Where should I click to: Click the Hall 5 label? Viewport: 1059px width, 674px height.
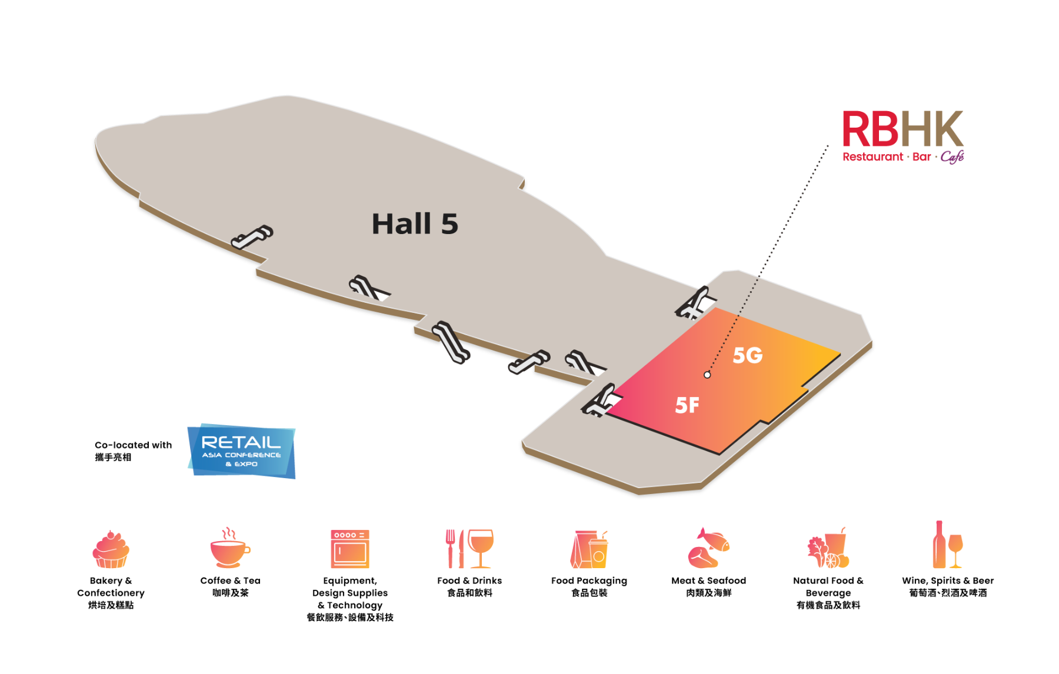415,224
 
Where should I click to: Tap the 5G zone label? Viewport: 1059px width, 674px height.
747,355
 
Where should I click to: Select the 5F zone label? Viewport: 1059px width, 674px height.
687,405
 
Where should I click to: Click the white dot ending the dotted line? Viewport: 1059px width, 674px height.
707,375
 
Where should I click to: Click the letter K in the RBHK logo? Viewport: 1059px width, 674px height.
947,129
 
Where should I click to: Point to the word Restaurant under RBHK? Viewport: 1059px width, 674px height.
872,157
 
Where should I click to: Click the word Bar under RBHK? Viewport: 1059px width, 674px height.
921,157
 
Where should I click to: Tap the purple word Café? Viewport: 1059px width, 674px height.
952,156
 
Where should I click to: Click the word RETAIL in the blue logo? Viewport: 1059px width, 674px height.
241,442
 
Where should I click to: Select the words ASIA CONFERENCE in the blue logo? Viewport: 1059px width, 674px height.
241,455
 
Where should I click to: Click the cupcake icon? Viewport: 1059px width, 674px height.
111,549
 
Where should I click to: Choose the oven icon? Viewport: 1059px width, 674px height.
350,549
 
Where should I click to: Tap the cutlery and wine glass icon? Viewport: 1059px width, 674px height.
469,548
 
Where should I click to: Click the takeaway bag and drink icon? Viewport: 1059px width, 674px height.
589,549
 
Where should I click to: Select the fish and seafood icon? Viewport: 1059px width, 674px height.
708,548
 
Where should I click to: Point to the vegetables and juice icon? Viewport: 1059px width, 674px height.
828,548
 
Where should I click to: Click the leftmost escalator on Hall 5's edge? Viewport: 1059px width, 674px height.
252,236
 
